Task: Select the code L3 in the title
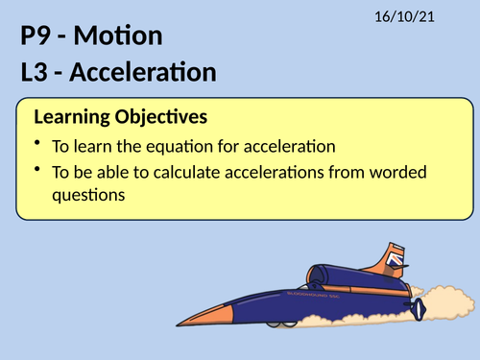[36, 72]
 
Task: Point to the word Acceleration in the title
[148, 72]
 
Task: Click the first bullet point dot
[37, 145]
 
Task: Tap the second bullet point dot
[37, 171]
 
